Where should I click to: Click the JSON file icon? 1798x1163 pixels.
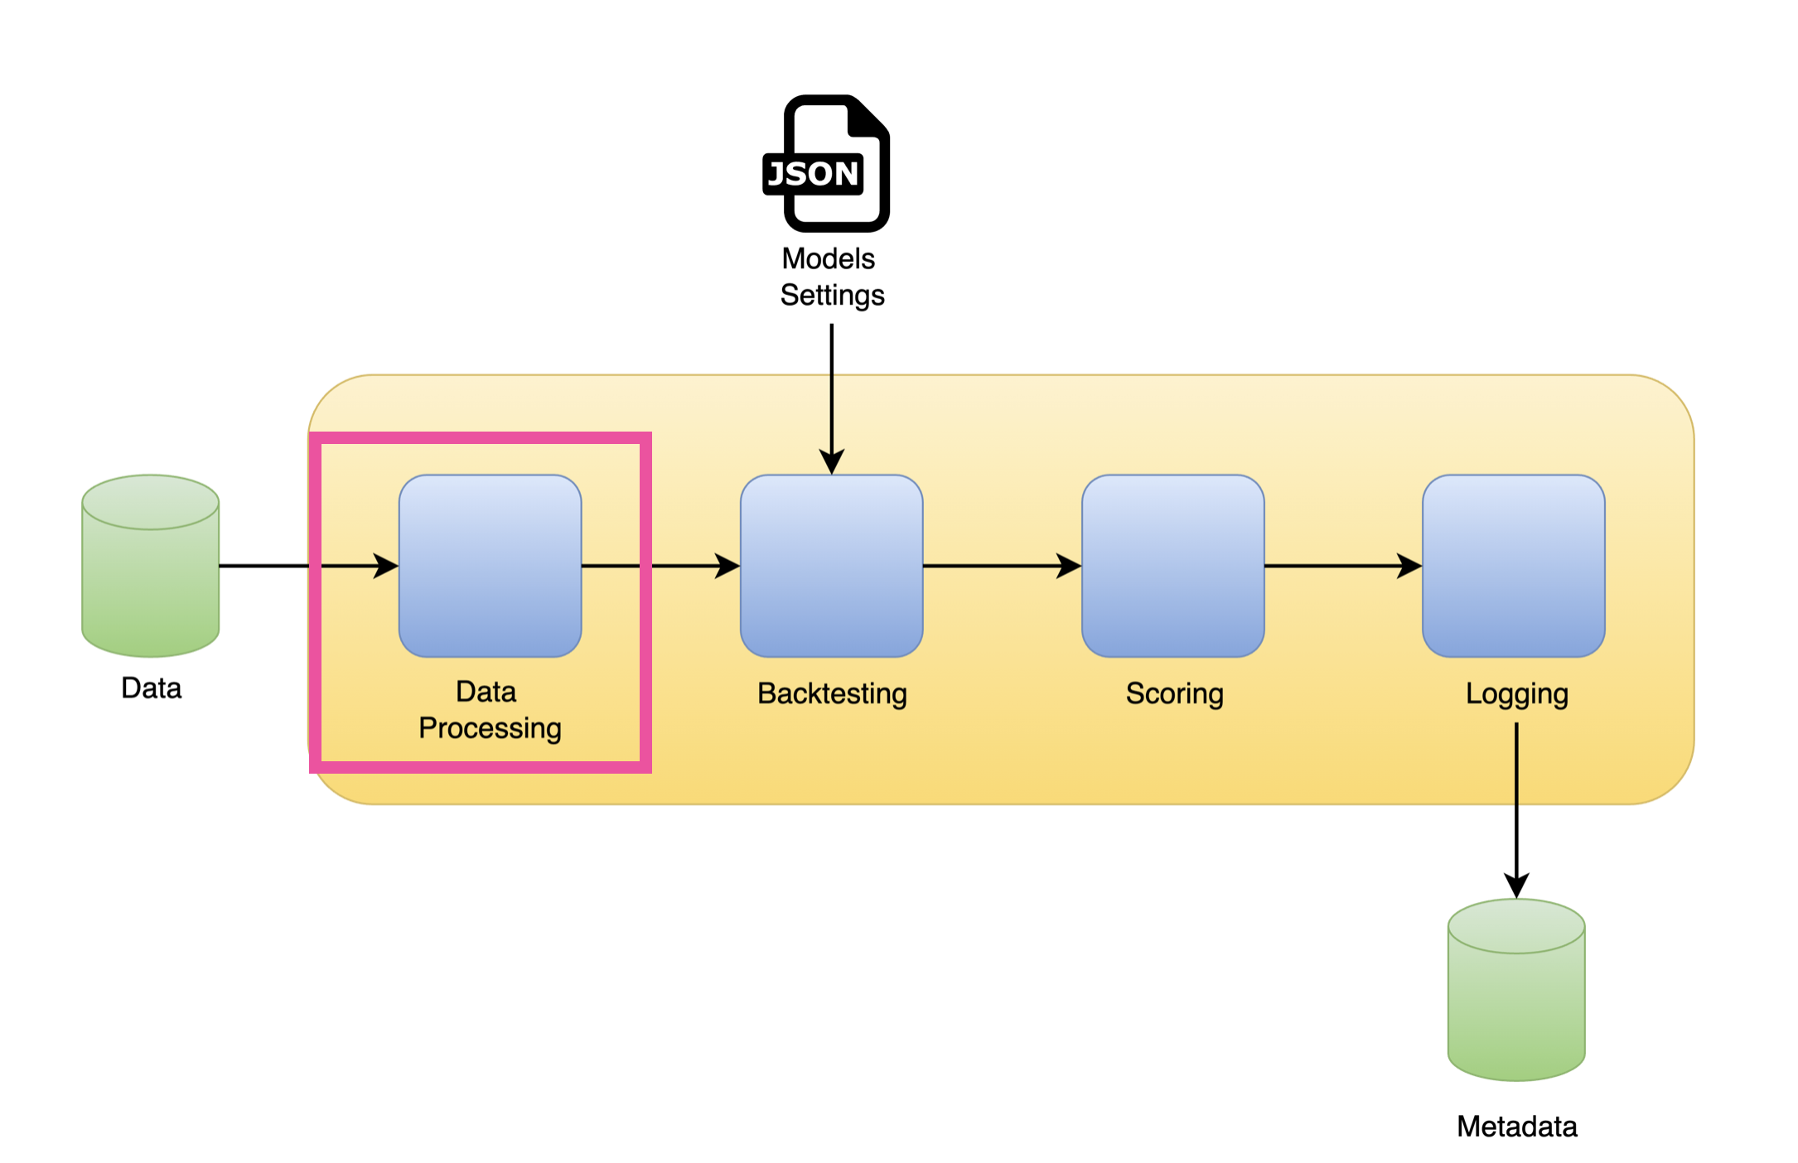(827, 164)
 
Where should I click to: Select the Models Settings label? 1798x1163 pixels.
(831, 277)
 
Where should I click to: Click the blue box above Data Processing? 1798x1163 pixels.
(490, 566)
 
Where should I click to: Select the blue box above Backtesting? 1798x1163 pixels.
(831, 566)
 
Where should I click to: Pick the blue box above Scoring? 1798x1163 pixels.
(1172, 566)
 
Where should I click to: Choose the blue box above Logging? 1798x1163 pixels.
(1513, 566)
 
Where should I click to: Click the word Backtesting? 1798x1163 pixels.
(832, 693)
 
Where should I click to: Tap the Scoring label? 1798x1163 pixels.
(1174, 693)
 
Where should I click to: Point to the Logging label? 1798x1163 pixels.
(1516, 693)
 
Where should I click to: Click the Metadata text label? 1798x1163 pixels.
(1516, 1127)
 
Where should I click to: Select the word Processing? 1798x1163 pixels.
(490, 728)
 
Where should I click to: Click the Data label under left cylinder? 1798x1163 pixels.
(151, 688)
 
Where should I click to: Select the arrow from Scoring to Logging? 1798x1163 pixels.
(1342, 566)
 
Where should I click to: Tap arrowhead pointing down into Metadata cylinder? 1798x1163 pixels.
(1516, 886)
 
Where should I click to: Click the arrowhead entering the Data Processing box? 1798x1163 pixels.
(385, 566)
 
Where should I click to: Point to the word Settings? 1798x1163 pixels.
(832, 296)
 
